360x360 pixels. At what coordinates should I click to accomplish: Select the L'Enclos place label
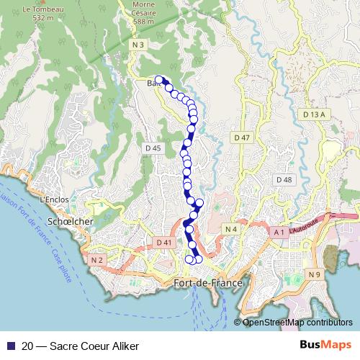[54, 199]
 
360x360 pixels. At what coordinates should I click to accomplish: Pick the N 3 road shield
[139, 45]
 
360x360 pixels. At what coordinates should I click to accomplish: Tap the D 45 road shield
[153, 148]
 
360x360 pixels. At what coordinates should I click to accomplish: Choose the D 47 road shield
[241, 137]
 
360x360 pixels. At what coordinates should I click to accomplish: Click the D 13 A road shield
[315, 114]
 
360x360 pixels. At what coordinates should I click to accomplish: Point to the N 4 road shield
[230, 229]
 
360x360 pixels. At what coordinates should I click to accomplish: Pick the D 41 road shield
[164, 243]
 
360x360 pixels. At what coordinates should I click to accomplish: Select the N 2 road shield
[98, 259]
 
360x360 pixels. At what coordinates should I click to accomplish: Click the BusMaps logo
[325, 345]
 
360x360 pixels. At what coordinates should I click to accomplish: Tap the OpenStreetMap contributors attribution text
[297, 323]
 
